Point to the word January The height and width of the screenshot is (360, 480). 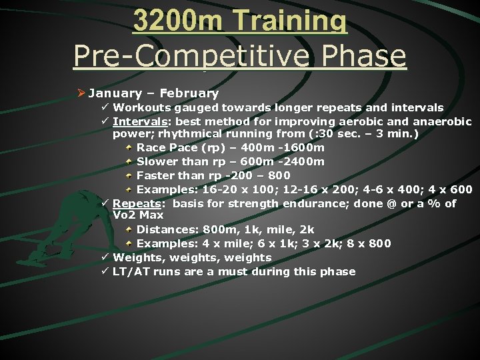click(116, 93)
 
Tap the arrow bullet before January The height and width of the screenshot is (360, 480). click(80, 93)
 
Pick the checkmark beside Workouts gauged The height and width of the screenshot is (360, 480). click(105, 107)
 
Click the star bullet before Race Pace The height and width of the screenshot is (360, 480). click(129, 147)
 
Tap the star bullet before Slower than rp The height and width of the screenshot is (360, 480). click(129, 161)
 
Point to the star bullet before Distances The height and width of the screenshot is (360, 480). click(129, 230)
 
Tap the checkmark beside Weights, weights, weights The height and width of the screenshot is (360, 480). click(105, 257)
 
